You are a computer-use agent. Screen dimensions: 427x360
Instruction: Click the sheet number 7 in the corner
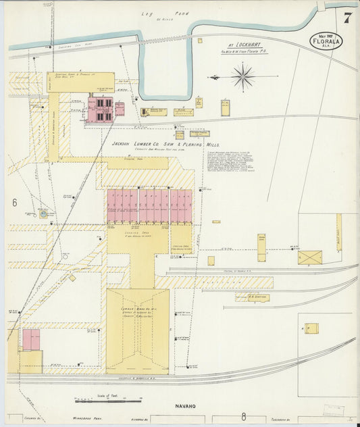tap(346, 18)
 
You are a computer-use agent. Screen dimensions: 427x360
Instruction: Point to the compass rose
tap(242, 76)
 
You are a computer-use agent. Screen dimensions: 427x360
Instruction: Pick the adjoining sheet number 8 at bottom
tap(243, 418)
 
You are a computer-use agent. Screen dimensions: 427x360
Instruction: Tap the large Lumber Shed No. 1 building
tap(137, 330)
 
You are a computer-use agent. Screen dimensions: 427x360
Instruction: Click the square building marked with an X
tap(310, 257)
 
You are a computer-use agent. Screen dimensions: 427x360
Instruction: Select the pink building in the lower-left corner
tap(31, 339)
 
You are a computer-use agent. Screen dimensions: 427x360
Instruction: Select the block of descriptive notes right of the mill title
tap(233, 161)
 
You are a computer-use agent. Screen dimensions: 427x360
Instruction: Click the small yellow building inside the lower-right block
tap(311, 328)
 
